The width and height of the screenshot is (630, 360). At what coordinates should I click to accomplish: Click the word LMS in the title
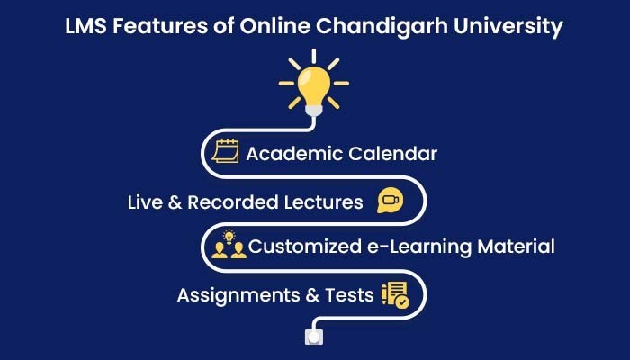point(85,26)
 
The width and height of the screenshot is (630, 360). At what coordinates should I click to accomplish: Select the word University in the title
point(508,27)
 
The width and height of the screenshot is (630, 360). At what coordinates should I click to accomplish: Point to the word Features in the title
point(160,26)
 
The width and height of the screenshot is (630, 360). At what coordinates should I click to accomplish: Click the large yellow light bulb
point(314,86)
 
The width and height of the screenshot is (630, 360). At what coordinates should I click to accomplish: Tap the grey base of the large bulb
point(314,110)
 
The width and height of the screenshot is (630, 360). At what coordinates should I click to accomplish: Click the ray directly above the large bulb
point(314,56)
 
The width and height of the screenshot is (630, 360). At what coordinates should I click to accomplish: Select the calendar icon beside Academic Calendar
point(225,151)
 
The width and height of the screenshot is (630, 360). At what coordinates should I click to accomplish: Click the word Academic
point(294,154)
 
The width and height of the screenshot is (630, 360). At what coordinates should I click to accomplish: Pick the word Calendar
point(392,154)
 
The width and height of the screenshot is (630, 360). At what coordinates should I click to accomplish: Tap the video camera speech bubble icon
point(390,200)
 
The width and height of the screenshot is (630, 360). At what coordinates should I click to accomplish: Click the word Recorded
point(233,202)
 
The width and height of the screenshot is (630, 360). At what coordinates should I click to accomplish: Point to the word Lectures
point(323,202)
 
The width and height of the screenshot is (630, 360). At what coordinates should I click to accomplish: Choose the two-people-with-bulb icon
point(229,244)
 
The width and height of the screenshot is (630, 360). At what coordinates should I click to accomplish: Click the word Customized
point(305,247)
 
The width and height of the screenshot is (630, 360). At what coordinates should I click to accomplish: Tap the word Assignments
point(238,295)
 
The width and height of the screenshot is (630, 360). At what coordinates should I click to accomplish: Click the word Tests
point(349,295)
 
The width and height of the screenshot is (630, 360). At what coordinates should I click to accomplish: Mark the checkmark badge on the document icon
point(401,301)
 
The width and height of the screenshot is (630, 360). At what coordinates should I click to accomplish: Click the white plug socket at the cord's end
point(314,337)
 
